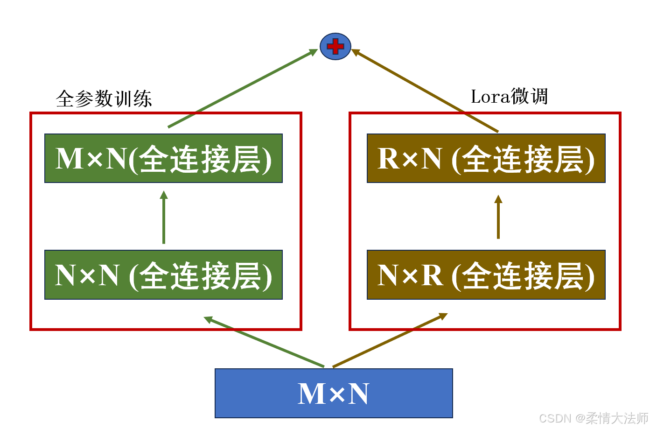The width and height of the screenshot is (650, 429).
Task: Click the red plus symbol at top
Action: (x=335, y=47)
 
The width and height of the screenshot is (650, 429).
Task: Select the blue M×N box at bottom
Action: (x=334, y=393)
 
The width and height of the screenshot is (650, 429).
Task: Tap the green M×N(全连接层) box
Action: (x=163, y=158)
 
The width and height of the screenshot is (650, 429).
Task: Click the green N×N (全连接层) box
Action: (x=163, y=274)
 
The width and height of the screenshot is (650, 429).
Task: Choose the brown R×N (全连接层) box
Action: (x=486, y=158)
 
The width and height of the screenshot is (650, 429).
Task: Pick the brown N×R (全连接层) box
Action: (x=486, y=274)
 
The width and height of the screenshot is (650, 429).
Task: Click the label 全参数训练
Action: (x=104, y=99)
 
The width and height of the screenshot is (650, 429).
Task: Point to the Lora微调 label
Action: (x=509, y=97)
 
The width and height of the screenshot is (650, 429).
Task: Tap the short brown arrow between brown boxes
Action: (x=498, y=218)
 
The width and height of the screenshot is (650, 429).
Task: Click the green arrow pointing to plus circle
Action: (x=243, y=89)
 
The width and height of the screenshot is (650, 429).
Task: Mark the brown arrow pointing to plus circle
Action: (x=425, y=90)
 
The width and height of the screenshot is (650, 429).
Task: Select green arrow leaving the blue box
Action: (x=264, y=342)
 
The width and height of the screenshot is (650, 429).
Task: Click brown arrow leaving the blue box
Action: (x=390, y=340)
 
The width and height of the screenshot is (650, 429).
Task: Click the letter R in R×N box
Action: (x=388, y=159)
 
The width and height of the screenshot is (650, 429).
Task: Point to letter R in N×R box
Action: (x=432, y=275)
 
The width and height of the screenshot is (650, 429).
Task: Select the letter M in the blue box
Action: (x=311, y=394)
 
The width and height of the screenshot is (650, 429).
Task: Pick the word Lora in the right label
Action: (x=490, y=97)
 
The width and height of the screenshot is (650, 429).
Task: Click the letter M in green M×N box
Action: (x=69, y=159)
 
